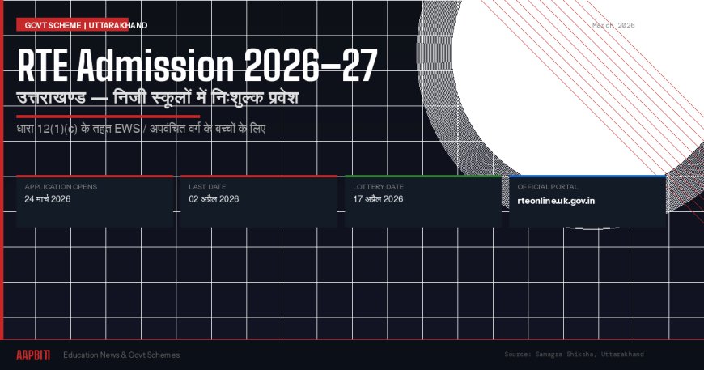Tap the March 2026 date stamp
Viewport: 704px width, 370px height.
[x=613, y=25]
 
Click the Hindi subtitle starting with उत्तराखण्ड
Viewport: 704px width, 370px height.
[x=158, y=100]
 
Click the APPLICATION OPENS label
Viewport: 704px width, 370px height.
[x=61, y=187]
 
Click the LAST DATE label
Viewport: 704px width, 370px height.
[x=207, y=187]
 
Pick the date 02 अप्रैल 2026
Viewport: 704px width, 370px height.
[x=214, y=199]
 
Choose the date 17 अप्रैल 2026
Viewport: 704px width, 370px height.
[x=378, y=199]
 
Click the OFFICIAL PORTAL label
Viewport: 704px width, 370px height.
[x=548, y=187]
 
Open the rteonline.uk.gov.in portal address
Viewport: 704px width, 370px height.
[x=556, y=200]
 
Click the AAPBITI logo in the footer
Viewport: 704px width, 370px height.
[x=33, y=355]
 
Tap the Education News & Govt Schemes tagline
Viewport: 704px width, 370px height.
[x=121, y=355]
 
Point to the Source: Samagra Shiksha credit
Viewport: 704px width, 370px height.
[x=574, y=355]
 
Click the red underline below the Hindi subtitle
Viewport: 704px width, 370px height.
[x=108, y=116]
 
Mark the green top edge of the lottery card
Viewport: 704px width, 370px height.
[x=422, y=176]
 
